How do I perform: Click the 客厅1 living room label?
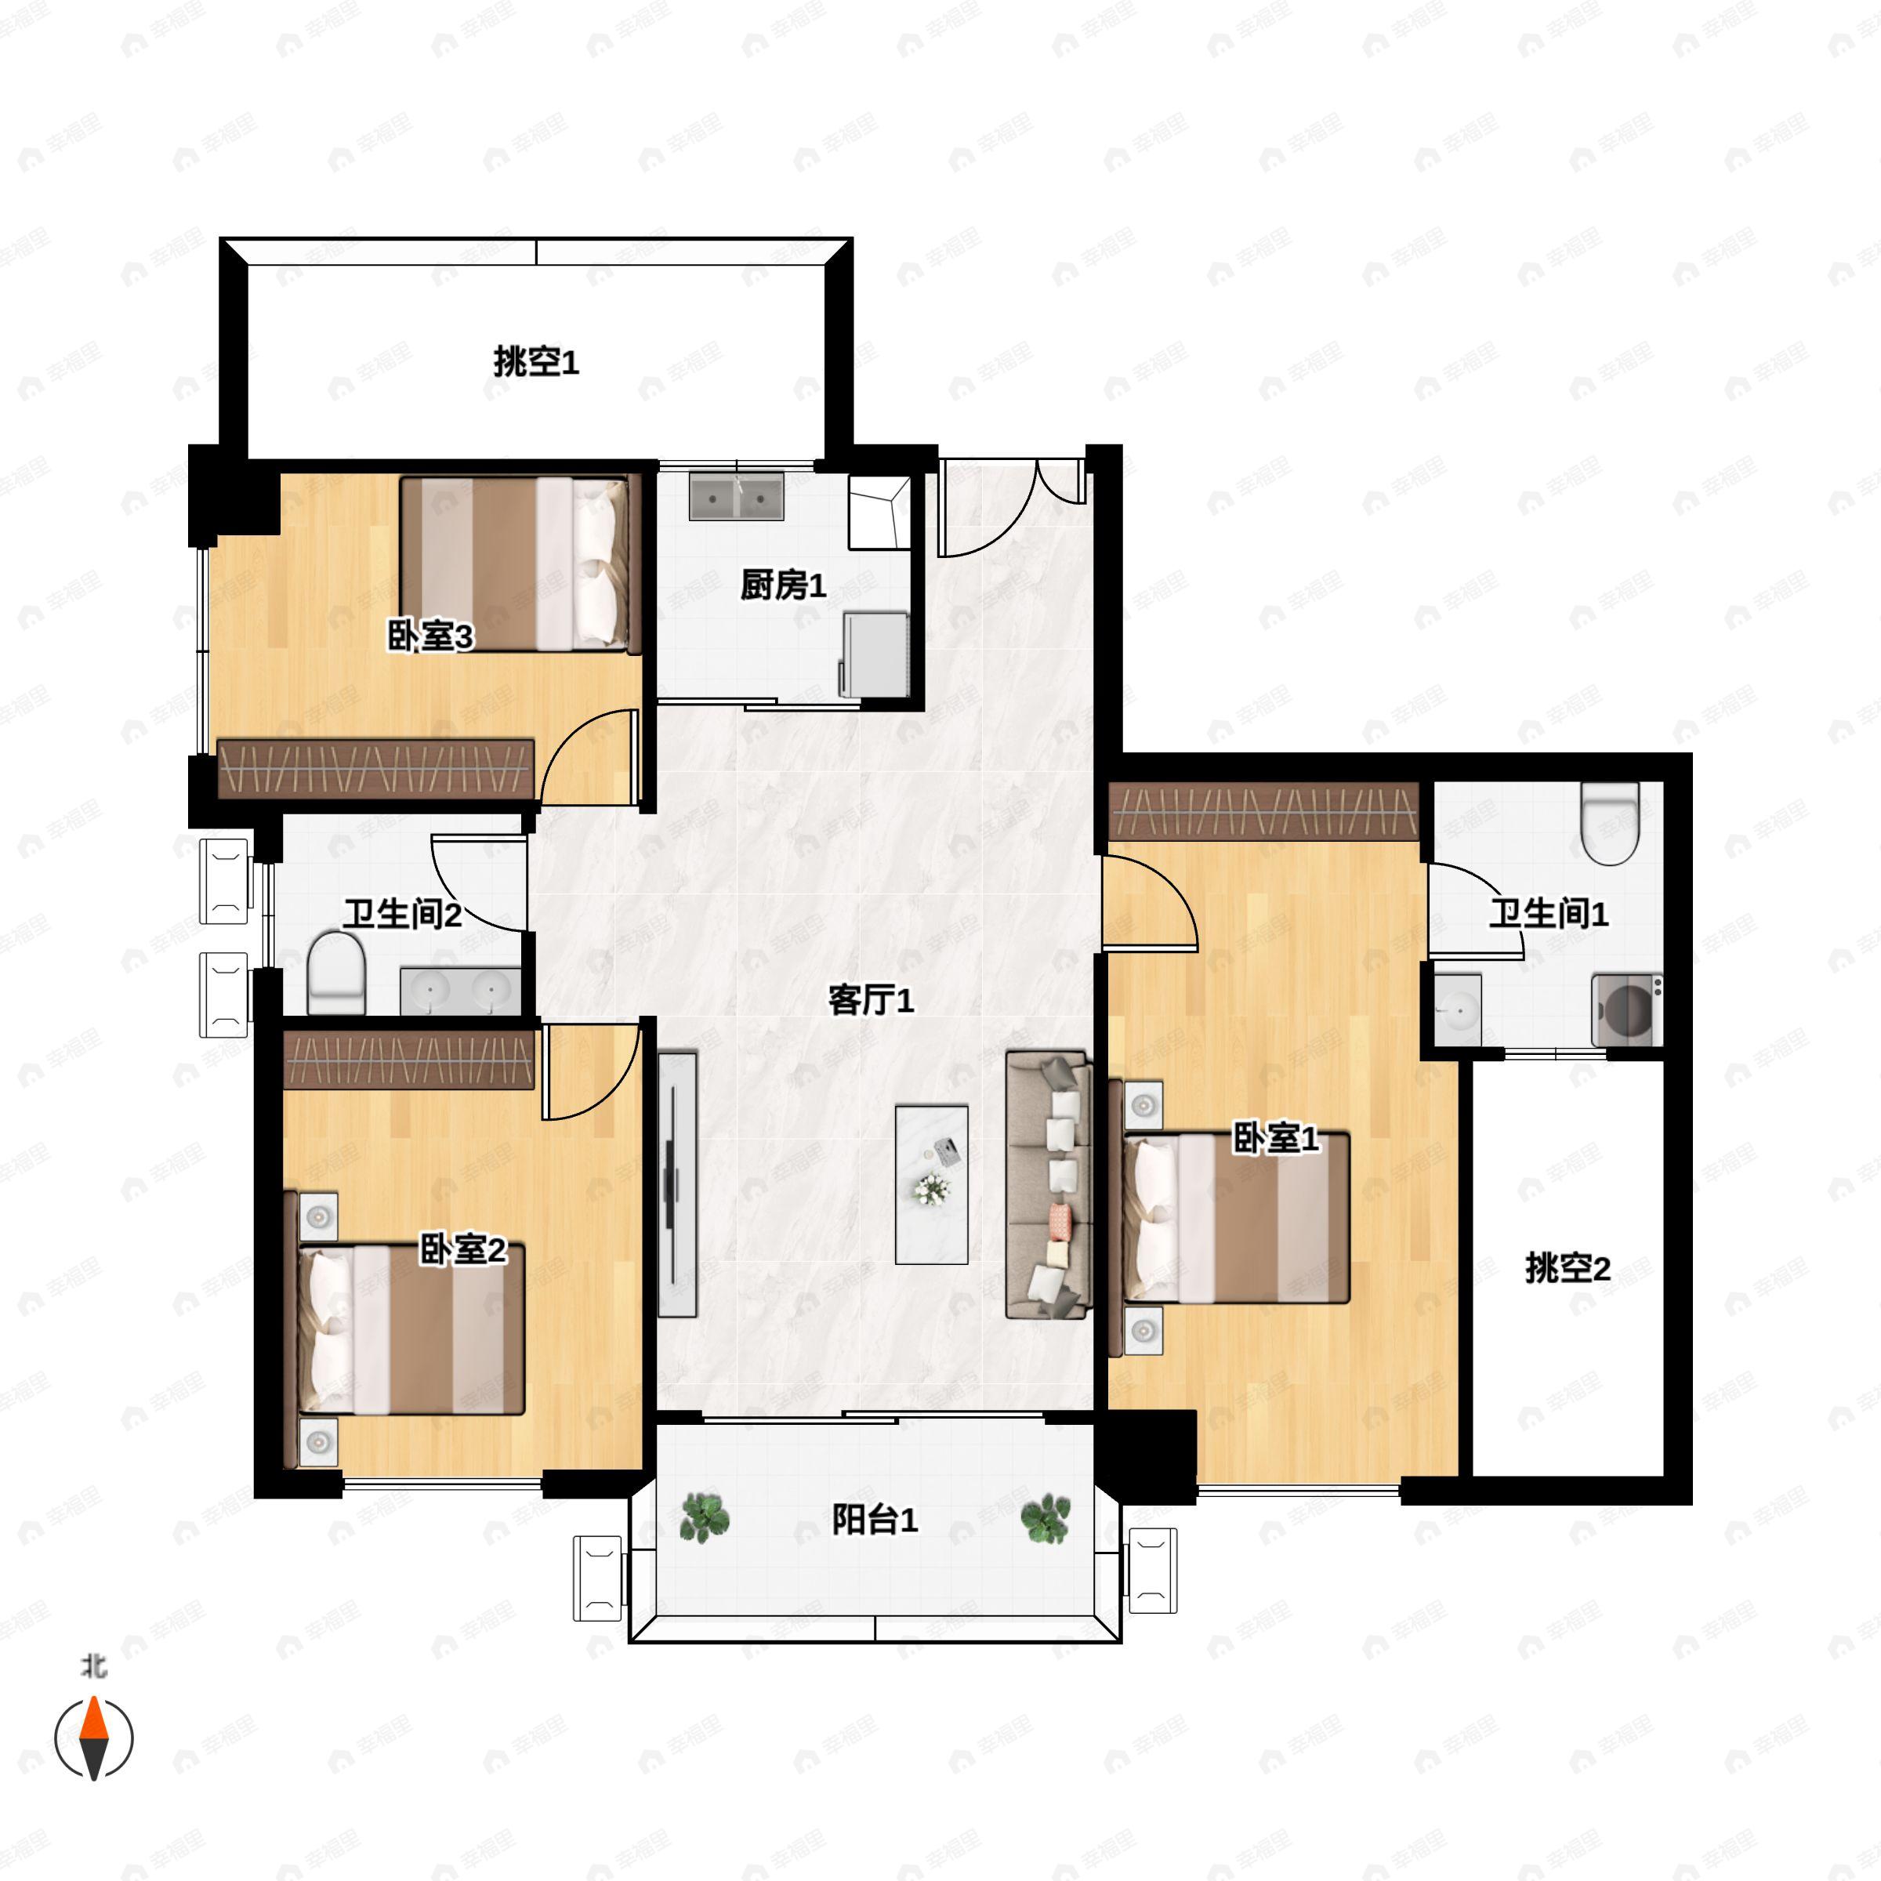click(871, 1000)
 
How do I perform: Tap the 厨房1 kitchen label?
click(783, 585)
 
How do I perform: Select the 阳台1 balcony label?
click(875, 1520)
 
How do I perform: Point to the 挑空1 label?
click(536, 362)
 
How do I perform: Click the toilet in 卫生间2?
click(336, 973)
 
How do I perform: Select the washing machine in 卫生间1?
click(1627, 1009)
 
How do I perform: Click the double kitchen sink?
click(737, 495)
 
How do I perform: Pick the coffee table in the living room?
click(932, 1184)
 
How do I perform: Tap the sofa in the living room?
click(1048, 1185)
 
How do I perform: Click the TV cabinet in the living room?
click(678, 1184)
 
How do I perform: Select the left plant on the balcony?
click(704, 1518)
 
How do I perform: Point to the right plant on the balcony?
click(1045, 1518)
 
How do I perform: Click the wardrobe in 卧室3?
click(376, 769)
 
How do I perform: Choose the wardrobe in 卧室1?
click(1263, 812)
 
